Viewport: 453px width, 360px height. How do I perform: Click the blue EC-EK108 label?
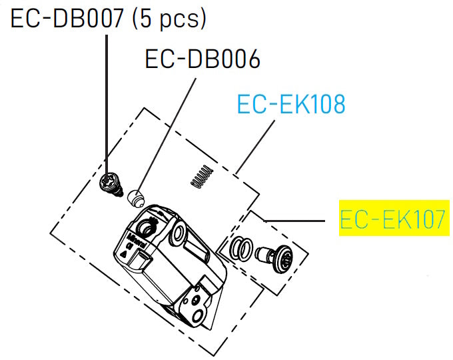[291, 104]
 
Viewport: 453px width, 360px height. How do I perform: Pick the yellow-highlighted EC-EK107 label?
[392, 219]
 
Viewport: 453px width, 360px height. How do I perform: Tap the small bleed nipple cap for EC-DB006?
[136, 197]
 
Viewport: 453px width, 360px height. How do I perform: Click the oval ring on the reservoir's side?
[179, 233]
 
